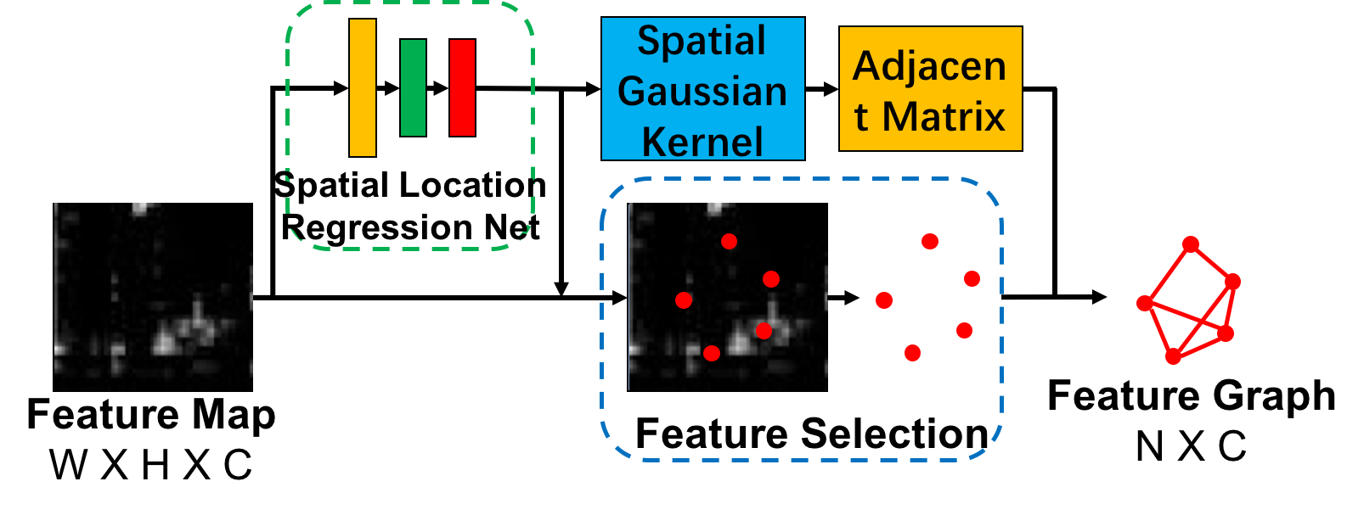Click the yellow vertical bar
(x=363, y=87)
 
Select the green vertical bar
(x=413, y=87)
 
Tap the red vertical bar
(x=463, y=87)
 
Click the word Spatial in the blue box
(x=702, y=41)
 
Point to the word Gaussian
(x=702, y=91)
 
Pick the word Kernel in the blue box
(x=702, y=141)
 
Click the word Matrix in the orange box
(x=944, y=116)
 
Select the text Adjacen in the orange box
(x=930, y=66)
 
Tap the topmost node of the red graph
(x=1191, y=244)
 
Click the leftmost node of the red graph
(x=1145, y=303)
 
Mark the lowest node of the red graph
(x=1173, y=357)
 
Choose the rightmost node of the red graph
(x=1233, y=281)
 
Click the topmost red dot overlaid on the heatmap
(x=729, y=241)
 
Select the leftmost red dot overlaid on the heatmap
(x=684, y=299)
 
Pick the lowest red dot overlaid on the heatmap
(x=712, y=353)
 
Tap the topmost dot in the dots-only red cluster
(x=930, y=241)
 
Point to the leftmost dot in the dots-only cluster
(x=884, y=299)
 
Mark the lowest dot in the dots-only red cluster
(x=912, y=352)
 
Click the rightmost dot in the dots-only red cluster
(x=972, y=278)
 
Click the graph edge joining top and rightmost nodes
(x=1212, y=262)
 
